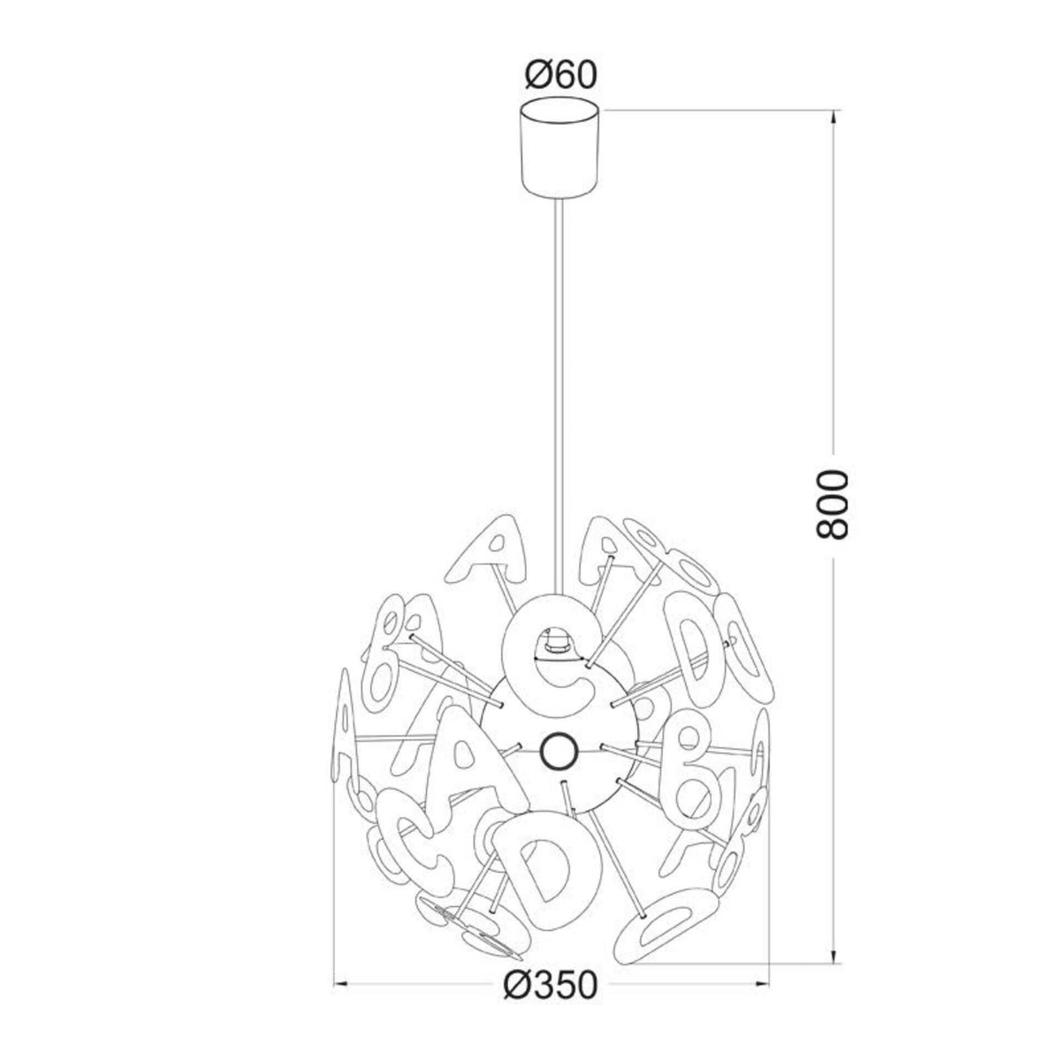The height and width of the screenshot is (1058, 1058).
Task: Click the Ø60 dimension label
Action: (561, 75)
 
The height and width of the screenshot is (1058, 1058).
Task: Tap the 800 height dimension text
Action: (832, 504)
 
